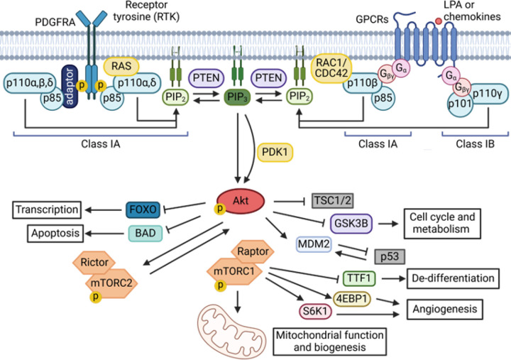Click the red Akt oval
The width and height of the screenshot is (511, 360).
tap(241, 201)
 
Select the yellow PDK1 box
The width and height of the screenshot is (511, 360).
tap(275, 152)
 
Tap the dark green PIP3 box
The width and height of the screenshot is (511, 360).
tap(237, 97)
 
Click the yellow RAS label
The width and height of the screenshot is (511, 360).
tap(121, 66)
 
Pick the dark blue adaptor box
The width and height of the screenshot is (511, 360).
tap(70, 86)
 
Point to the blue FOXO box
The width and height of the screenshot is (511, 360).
tap(143, 209)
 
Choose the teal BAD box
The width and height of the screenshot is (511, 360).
tap(145, 233)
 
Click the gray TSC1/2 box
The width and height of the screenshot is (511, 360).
tap(333, 200)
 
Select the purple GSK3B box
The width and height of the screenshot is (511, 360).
tap(351, 224)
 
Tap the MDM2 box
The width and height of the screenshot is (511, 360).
tap(314, 244)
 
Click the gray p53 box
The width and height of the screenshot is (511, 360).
tap(390, 256)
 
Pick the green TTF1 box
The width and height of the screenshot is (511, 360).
tap(359, 278)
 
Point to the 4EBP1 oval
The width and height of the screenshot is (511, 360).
tap(352, 299)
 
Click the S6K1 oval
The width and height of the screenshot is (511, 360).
tap(315, 311)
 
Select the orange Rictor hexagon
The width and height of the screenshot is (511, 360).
tap(94, 262)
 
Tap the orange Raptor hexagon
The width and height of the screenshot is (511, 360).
tap(253, 251)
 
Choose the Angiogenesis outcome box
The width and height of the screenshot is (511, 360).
tap(445, 309)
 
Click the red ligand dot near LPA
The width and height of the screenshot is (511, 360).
tap(439, 21)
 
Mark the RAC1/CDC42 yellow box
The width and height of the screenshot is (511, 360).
tap(331, 68)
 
